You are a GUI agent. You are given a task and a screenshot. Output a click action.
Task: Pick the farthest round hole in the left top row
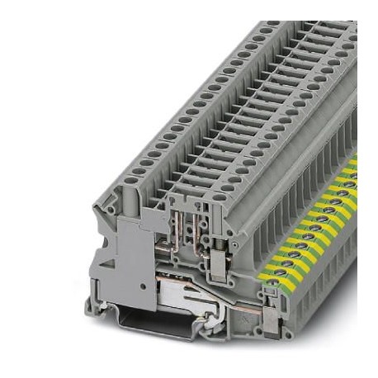point(262,28)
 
